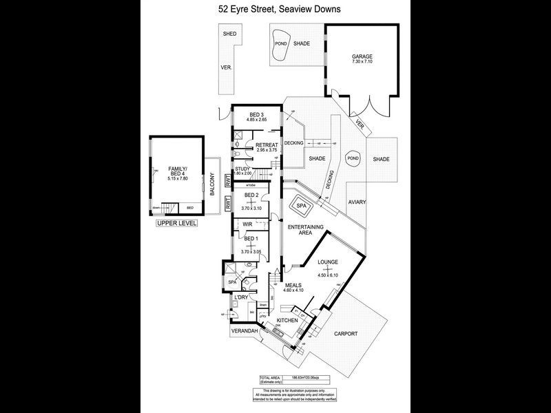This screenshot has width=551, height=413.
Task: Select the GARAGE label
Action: pyautogui.click(x=362, y=56)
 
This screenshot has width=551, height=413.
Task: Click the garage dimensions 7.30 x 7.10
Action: pyautogui.click(x=362, y=63)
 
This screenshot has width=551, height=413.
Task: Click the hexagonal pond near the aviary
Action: pyautogui.click(x=353, y=158)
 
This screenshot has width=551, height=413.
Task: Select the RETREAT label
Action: pyautogui.click(x=267, y=145)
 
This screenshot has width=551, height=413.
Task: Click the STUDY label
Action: pyautogui.click(x=242, y=169)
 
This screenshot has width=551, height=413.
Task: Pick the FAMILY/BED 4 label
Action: pyautogui.click(x=178, y=170)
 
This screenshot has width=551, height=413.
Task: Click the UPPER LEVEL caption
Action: pyautogui.click(x=177, y=224)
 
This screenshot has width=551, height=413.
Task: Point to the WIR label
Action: pyautogui.click(x=247, y=224)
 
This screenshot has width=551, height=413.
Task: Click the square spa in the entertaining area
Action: pyautogui.click(x=301, y=205)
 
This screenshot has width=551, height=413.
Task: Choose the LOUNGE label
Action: pyautogui.click(x=329, y=262)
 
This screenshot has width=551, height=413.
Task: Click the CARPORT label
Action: pyautogui.click(x=346, y=334)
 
